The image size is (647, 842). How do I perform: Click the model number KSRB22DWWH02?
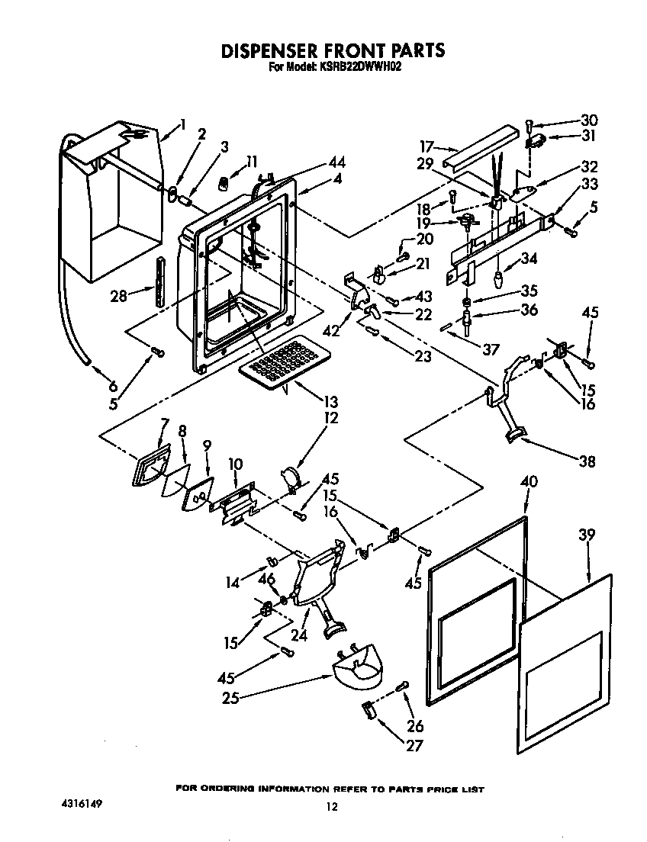tap(359, 67)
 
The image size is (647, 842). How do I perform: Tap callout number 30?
tap(589, 120)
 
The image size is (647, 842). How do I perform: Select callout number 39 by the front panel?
tap(586, 535)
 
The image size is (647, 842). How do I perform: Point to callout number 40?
tap(528, 481)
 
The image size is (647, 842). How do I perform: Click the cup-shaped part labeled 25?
tap(358, 669)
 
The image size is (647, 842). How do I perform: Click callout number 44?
tap(336, 162)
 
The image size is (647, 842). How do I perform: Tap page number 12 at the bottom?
tap(330, 807)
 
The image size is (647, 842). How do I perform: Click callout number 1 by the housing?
tap(182, 124)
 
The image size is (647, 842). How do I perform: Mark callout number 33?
tap(588, 184)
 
